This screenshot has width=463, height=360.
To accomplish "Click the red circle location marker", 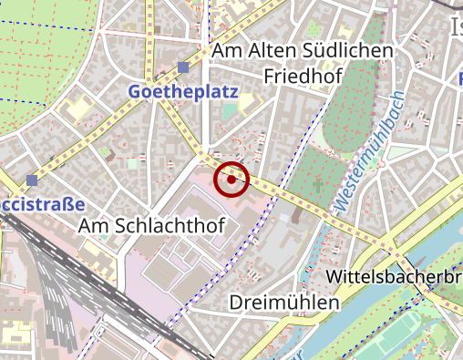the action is pos(231,179).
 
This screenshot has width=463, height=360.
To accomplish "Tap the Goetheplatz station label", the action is pos(183,92).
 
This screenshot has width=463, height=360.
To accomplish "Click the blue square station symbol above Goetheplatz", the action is pos(184,67).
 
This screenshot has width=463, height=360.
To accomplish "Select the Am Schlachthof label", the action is pos(152,224).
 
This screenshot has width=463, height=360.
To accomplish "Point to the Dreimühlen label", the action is pos(284,302).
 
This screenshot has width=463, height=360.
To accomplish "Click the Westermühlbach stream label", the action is pos(368,153).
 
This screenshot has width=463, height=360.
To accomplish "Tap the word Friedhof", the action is pos(301,75).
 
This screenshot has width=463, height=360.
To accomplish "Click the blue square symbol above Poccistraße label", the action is pos(32,180).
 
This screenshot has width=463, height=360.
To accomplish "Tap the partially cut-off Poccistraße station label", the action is pos(42,203).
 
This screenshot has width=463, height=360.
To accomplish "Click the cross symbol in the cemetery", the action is pos(317,186).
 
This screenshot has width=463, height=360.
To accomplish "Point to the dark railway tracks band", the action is pos(55,273).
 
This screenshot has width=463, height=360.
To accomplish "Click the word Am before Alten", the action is pos(225,52).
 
